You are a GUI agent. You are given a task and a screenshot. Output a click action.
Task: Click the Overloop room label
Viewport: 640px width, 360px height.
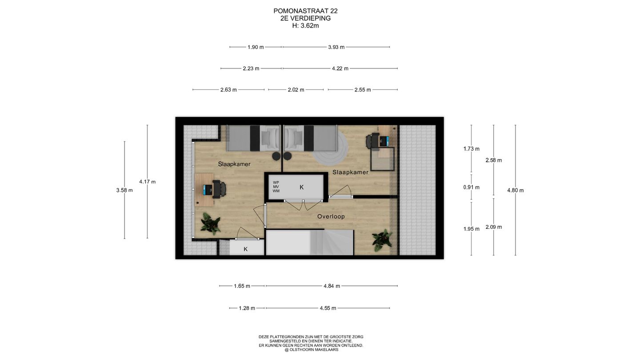click(x=331, y=216)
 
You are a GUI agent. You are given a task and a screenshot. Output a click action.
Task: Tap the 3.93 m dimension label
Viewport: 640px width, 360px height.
click(x=336, y=47)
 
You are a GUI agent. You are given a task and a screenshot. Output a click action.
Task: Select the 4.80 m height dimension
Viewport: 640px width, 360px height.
click(x=516, y=190)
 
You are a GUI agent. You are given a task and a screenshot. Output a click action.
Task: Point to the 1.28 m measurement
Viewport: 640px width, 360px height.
click(x=247, y=308)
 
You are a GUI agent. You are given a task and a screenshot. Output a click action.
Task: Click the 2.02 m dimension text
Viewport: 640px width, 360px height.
click(x=296, y=90)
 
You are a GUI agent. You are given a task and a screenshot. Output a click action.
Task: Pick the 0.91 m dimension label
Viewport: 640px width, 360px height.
click(x=472, y=188)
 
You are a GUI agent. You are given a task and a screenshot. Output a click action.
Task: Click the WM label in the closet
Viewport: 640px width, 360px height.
click(x=276, y=191)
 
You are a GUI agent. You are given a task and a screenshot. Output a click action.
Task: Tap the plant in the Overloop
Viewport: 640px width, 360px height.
click(x=382, y=240)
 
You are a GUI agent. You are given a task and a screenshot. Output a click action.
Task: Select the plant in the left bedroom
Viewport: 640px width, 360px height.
click(x=210, y=224)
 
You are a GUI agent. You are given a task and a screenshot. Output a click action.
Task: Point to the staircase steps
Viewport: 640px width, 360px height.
click(x=332, y=242)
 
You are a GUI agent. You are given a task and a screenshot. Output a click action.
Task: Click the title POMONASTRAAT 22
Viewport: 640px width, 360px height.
click(x=305, y=11)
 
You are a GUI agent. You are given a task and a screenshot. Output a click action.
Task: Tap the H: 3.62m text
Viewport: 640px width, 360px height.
click(x=305, y=26)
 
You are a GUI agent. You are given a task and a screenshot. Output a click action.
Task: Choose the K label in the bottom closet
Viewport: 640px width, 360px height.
click(x=245, y=249)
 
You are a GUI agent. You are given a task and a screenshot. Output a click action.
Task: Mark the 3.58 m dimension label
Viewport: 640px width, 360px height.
click(x=124, y=190)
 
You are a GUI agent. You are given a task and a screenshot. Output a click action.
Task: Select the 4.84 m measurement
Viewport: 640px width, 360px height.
click(x=332, y=286)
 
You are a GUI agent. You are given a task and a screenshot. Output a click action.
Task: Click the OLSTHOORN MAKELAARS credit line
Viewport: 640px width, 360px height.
click(x=311, y=350)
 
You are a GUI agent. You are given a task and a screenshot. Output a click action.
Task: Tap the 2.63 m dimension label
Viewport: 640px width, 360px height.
click(x=228, y=90)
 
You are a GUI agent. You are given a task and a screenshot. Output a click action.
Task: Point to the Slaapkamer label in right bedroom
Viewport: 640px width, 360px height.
click(x=350, y=172)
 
